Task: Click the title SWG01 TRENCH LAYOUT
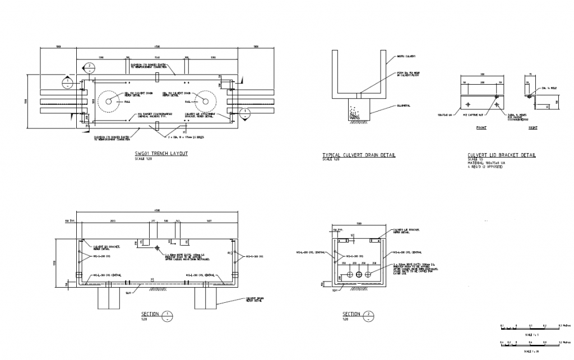[161, 153]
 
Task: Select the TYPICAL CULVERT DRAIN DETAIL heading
[359, 155]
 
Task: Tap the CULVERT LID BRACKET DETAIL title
[501, 155]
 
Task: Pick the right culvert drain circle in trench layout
[206, 101]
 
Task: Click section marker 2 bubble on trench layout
[89, 68]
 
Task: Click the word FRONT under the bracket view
[481, 128]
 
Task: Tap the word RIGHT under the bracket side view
[533, 128]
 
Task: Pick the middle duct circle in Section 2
[359, 275]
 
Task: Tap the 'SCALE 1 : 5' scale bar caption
[528, 334]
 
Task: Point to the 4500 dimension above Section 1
[158, 210]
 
